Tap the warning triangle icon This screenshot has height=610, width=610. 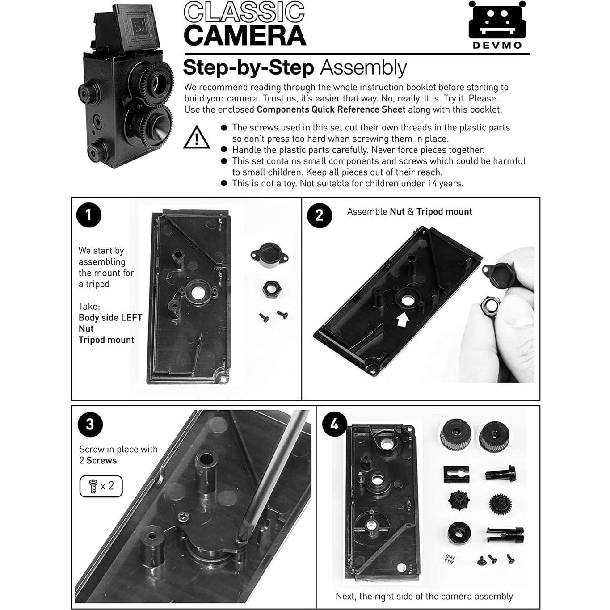point(197,138)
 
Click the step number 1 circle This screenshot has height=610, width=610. point(88,215)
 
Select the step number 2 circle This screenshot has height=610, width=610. point(320,215)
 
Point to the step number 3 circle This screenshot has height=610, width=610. point(90,424)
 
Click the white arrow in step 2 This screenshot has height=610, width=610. point(403,319)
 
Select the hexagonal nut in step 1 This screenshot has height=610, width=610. point(271,289)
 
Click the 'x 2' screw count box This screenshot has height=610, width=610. point(101,486)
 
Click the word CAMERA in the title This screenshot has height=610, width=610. point(244,36)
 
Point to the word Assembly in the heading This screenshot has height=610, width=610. point(363,68)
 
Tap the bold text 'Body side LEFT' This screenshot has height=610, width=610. point(110,318)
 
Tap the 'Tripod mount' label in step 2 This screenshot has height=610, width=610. point(444,212)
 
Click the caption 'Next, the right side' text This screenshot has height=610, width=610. point(424,596)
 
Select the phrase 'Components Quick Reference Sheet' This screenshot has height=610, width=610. point(331,109)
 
